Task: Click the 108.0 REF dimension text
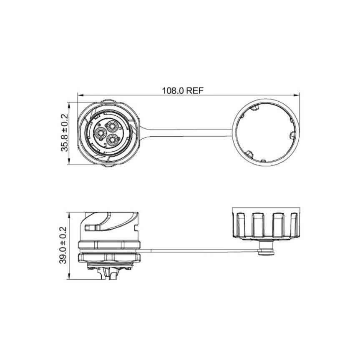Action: click(x=183, y=91)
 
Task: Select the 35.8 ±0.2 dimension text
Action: click(x=65, y=132)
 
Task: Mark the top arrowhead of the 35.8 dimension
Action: click(x=69, y=105)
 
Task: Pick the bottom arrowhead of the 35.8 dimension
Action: click(x=69, y=161)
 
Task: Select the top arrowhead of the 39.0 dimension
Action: click(x=69, y=215)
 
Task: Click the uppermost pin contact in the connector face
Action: click(x=112, y=126)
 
